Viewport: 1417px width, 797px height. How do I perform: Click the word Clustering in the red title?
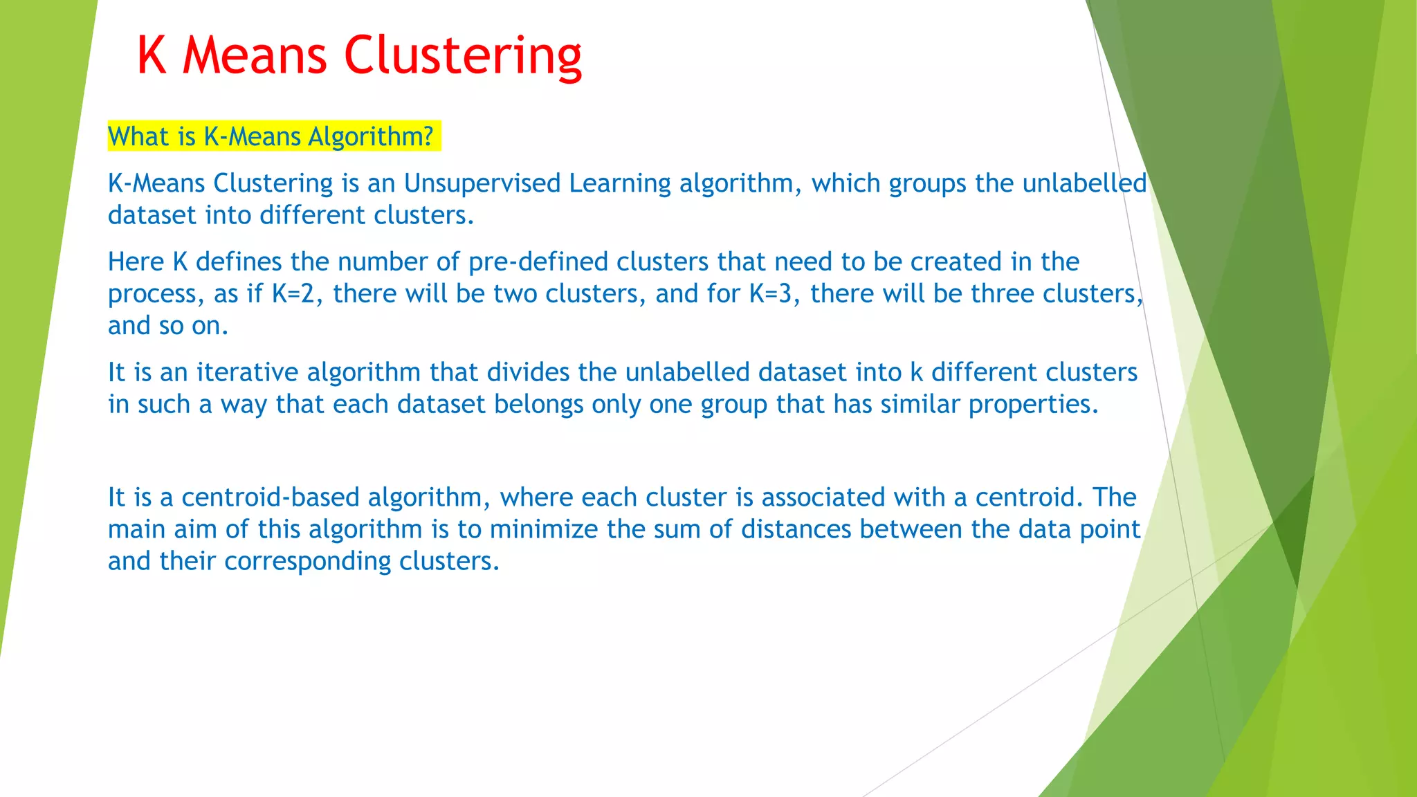tap(463, 55)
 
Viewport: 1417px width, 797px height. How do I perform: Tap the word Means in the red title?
tap(255, 55)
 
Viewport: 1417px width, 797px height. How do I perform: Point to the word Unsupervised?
tap(482, 183)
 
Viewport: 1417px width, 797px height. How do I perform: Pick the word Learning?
tap(620, 183)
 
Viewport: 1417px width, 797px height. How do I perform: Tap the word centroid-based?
tap(271, 497)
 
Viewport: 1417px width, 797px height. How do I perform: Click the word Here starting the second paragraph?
tap(136, 262)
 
